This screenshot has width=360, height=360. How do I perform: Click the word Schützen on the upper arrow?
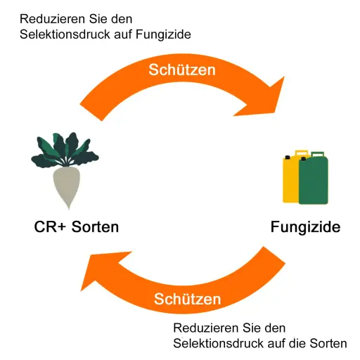click(x=182, y=70)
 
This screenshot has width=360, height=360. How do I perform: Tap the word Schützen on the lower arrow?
click(x=188, y=299)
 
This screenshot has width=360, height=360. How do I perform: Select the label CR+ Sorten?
click(x=77, y=226)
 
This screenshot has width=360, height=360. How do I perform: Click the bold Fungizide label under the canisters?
click(x=305, y=227)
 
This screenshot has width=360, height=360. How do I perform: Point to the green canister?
click(x=314, y=179)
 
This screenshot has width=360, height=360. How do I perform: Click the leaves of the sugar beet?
click(x=65, y=150)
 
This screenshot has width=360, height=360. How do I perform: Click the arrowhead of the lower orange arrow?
click(x=101, y=269)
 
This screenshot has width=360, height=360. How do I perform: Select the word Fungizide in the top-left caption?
click(x=163, y=34)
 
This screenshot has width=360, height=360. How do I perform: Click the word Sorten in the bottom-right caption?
click(x=328, y=343)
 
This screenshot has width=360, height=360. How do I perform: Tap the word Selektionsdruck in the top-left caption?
click(x=65, y=34)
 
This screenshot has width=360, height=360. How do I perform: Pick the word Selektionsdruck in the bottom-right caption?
click(x=219, y=343)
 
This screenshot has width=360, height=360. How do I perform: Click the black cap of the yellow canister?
click(x=288, y=157)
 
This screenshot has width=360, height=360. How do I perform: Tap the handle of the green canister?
click(x=318, y=154)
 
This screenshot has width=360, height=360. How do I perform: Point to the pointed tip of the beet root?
click(x=69, y=208)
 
